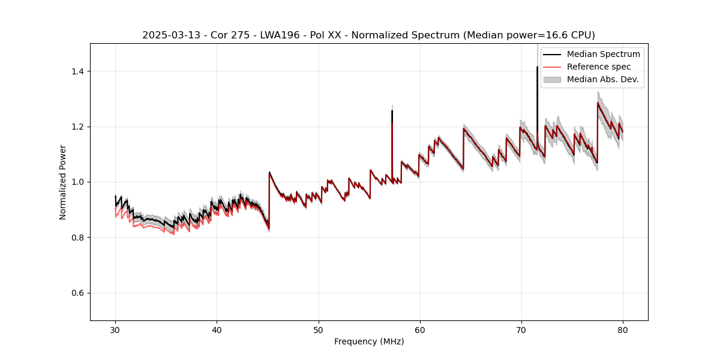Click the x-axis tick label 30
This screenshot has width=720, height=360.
[115, 329]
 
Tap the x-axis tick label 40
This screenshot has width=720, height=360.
[217, 329]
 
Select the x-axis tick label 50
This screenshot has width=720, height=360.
[318, 329]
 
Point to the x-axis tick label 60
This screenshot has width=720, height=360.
[419, 329]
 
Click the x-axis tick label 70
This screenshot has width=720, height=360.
[521, 329]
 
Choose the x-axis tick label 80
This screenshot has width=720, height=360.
[622, 329]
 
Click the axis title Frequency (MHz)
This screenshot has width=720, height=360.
[369, 341]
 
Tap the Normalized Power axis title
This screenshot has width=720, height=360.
[63, 182]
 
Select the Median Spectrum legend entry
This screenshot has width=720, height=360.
[603, 54]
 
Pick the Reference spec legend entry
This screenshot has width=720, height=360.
[598, 67]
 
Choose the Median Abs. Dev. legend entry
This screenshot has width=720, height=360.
[602, 79]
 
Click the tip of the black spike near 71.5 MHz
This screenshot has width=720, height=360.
[537, 67]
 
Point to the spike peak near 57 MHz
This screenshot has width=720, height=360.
[392, 111]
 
